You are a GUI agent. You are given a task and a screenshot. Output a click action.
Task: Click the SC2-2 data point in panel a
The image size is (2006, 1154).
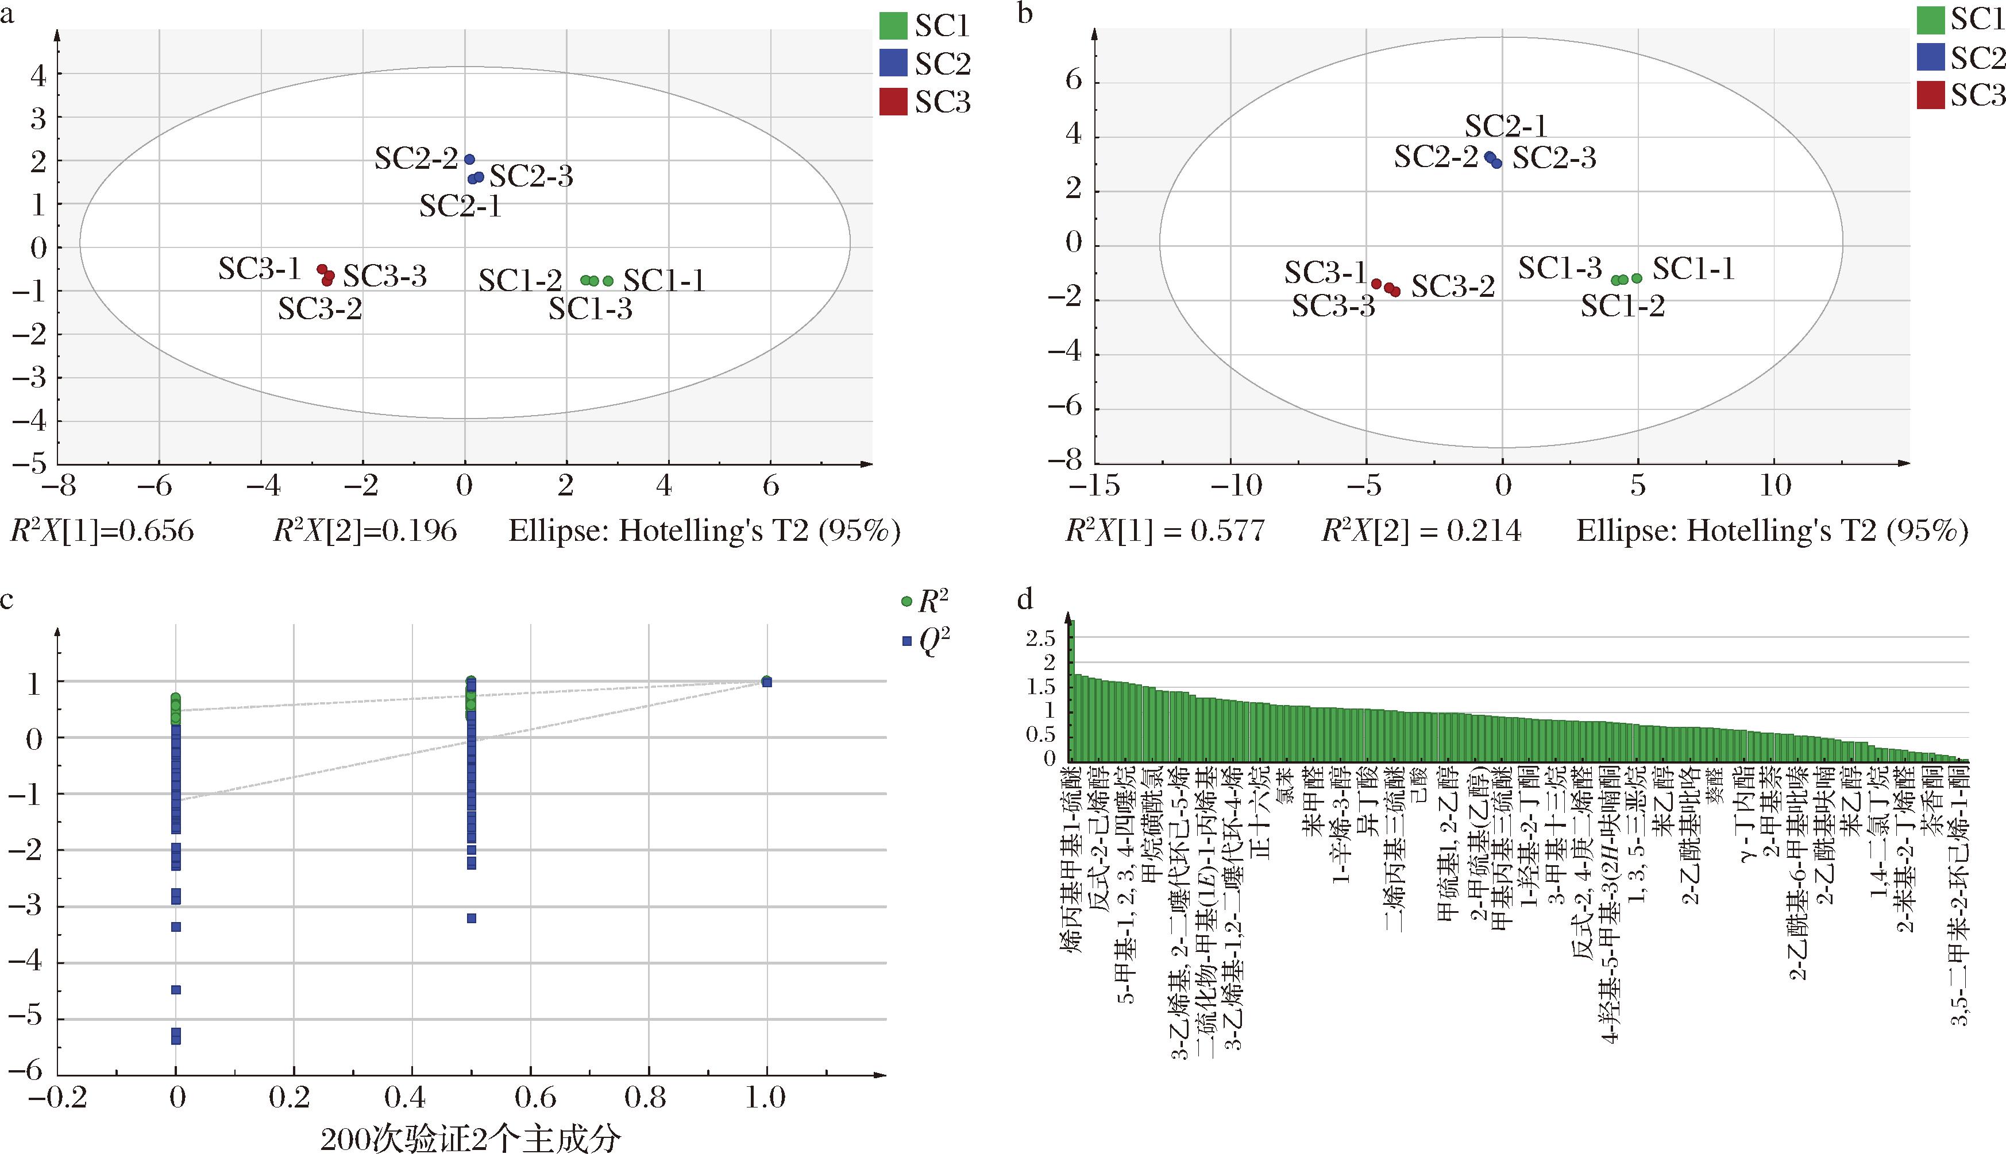point(469,159)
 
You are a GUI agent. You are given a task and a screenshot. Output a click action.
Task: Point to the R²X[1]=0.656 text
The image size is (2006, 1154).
point(102,531)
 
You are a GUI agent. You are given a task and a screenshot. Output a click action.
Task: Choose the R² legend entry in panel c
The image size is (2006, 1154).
point(925,602)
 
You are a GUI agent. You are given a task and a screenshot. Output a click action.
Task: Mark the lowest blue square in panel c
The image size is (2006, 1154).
point(176,1039)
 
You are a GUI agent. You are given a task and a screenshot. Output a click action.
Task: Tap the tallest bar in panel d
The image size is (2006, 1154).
point(1071,690)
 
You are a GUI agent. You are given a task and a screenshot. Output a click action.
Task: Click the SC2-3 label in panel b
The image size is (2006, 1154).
point(1554,158)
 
